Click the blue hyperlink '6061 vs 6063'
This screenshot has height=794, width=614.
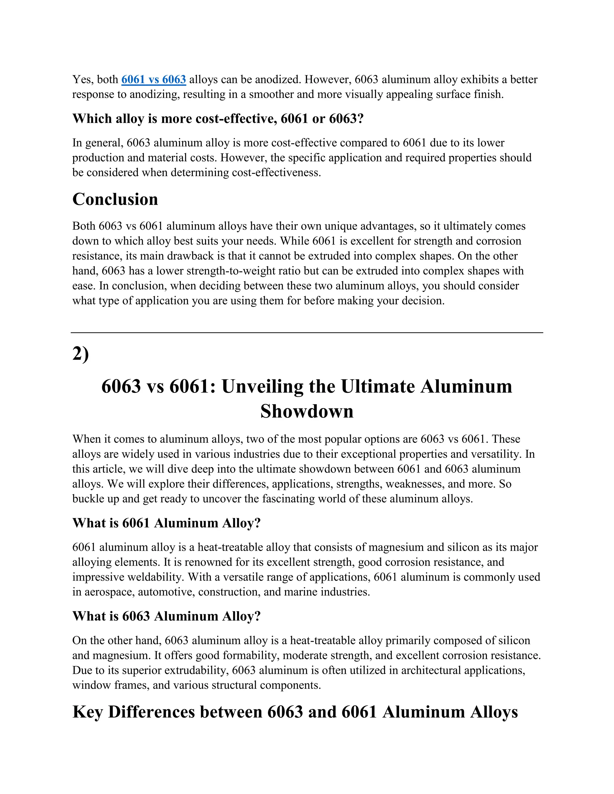153,79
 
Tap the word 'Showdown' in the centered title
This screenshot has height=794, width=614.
307,411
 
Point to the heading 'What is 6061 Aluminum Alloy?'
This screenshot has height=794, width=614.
167,523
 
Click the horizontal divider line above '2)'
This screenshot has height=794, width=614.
307,332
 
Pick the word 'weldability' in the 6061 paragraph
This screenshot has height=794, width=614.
149,577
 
